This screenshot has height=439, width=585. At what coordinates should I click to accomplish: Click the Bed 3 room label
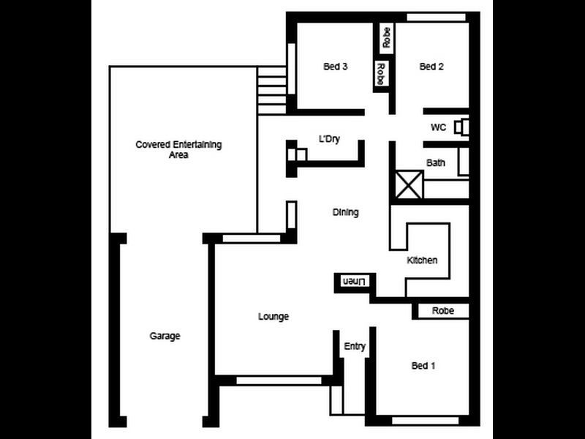(x=335, y=67)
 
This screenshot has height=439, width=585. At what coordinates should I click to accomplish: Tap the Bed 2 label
(x=431, y=67)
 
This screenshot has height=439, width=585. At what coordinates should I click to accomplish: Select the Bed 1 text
(x=423, y=366)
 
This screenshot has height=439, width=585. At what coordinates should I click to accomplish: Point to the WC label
(x=438, y=127)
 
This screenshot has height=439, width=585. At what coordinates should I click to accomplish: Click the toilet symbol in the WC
(x=461, y=127)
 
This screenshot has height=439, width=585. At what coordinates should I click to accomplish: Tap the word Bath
(x=436, y=162)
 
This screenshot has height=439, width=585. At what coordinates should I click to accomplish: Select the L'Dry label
(x=330, y=139)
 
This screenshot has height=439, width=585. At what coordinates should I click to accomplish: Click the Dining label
(x=346, y=213)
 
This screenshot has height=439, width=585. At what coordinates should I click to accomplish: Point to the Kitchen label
(x=423, y=260)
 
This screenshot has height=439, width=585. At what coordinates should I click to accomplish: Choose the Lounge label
(x=273, y=317)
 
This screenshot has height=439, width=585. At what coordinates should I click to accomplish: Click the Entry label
(x=355, y=347)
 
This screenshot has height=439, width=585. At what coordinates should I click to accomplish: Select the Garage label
(x=165, y=336)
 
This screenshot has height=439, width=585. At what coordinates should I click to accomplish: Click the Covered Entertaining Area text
(x=178, y=150)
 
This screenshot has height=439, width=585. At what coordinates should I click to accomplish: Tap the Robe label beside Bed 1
(x=443, y=311)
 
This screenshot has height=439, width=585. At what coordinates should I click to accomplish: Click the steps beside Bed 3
(x=271, y=90)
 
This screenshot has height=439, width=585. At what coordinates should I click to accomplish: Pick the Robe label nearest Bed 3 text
(x=380, y=74)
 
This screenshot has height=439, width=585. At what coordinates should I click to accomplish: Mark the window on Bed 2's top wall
(x=436, y=17)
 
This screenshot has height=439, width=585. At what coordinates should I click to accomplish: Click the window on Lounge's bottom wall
(x=279, y=380)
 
